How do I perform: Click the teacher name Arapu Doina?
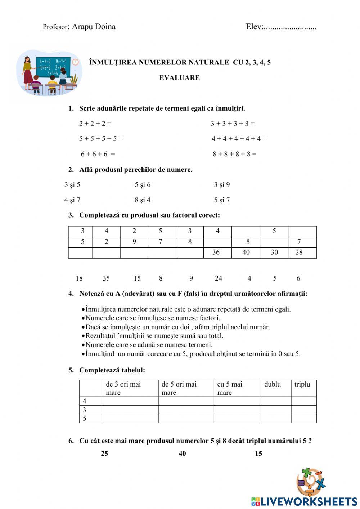pyautogui.click(x=94, y=27)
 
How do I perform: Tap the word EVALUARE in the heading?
pyautogui.click(x=180, y=78)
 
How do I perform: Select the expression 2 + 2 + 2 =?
pyautogui.click(x=95, y=124)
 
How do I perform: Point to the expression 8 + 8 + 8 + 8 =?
pyautogui.click(x=234, y=154)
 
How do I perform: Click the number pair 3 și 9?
pyautogui.click(x=222, y=185)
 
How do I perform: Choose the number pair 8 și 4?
pyautogui.click(x=143, y=200)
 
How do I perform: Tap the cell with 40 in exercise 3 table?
pyautogui.click(x=246, y=253)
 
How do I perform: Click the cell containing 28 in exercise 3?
pyautogui.click(x=299, y=253)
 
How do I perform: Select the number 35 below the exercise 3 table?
pyautogui.click(x=106, y=278)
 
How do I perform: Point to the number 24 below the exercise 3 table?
pyautogui.click(x=218, y=278)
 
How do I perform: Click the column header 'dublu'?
pyautogui.click(x=273, y=384)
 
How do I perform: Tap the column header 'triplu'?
pyautogui.click(x=302, y=384)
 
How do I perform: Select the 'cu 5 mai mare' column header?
pyautogui.click(x=230, y=388)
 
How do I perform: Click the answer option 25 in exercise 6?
pyautogui.click(x=104, y=454)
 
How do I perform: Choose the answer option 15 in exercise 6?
pyautogui.click(x=258, y=454)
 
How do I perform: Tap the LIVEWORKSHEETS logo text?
pyautogui.click(x=308, y=501)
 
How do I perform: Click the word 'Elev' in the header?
pyautogui.click(x=254, y=27)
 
